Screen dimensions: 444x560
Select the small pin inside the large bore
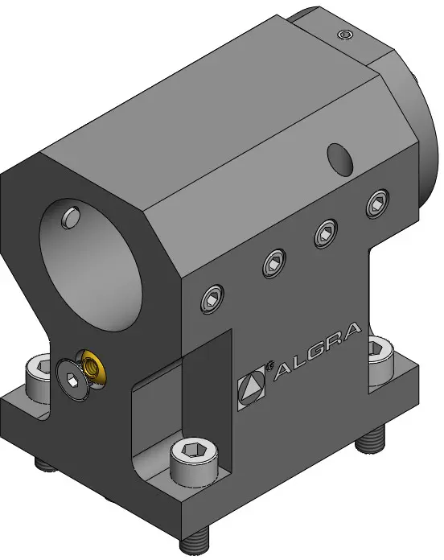[71, 217]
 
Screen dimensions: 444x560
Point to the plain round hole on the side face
[340, 160]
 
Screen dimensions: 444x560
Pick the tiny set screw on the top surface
[346, 35]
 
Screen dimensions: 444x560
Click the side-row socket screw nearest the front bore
[212, 299]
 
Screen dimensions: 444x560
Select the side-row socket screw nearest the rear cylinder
[377, 204]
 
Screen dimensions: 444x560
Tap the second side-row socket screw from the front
[274, 264]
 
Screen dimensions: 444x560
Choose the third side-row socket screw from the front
[327, 233]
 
